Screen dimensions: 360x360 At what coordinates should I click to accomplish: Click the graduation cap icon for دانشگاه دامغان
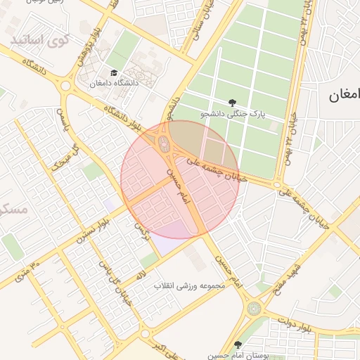[x=114, y=72]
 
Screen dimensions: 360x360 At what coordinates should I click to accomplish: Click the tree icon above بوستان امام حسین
[x=237, y=345]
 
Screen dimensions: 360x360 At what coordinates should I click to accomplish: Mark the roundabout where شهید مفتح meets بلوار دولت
[x=254, y=308]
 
